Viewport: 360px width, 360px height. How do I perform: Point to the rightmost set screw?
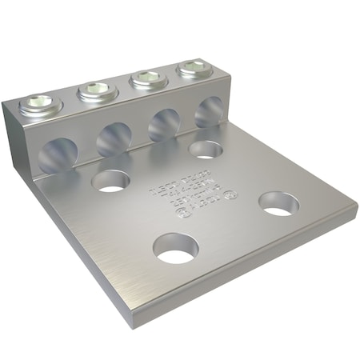192,69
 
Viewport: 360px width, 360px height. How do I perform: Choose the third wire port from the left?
165,125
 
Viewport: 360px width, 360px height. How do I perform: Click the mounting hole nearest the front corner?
175,249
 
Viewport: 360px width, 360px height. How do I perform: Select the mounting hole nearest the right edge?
278,204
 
